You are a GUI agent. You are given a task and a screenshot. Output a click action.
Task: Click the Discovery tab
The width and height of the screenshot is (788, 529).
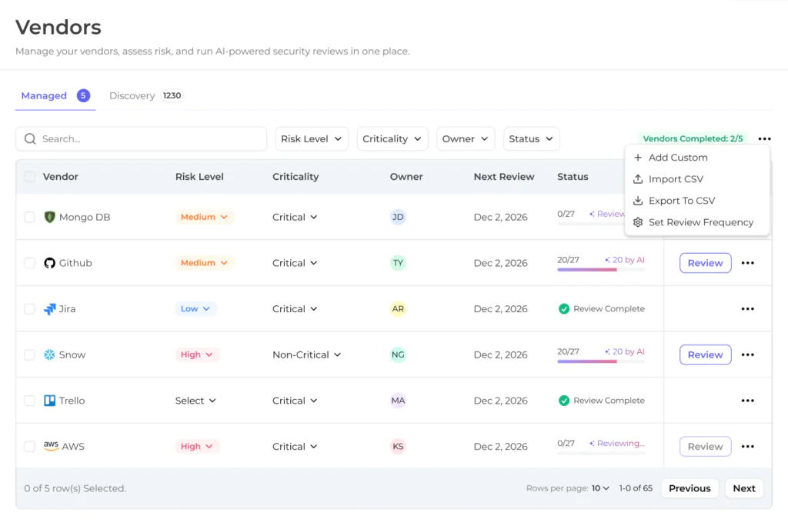pos(145,95)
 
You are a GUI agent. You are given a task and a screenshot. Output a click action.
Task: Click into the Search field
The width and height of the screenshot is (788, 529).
pos(142,139)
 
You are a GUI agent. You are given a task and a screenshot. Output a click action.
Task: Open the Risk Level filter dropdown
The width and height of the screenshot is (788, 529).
pos(312,139)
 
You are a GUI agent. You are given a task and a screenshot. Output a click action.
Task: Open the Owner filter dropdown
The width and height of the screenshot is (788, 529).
pos(466,139)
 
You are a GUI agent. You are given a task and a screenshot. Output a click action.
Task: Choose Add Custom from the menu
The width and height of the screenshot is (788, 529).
pos(677,158)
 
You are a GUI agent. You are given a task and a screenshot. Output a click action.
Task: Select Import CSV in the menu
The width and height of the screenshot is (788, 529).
pos(676,179)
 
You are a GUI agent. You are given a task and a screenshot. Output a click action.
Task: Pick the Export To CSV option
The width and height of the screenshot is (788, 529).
pos(682,201)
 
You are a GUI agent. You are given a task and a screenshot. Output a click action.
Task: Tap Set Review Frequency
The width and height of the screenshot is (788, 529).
pos(700,222)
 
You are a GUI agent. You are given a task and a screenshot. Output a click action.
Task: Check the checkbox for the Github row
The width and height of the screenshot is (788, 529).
pos(30,263)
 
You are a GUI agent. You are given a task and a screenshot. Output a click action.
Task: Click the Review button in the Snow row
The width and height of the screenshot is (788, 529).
pos(705,354)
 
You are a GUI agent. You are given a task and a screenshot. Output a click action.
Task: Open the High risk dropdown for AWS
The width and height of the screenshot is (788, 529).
pos(196,446)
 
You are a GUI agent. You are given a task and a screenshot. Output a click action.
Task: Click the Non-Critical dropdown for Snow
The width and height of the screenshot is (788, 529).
pos(306,354)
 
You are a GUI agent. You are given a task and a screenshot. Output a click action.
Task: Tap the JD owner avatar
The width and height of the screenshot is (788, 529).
pos(398,218)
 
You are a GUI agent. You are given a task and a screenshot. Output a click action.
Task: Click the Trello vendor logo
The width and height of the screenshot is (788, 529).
pos(49,401)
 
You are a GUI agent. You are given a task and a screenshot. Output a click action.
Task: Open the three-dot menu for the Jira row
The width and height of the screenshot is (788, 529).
pos(747,308)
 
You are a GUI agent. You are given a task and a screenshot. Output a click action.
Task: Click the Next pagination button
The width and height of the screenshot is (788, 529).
pos(744,488)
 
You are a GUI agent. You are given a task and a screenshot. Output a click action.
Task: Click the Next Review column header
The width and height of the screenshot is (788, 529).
pos(503,177)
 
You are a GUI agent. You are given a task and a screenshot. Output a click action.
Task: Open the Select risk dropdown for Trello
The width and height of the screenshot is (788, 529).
pos(195,401)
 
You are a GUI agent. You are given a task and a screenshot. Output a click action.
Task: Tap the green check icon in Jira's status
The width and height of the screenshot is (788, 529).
pos(564,308)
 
